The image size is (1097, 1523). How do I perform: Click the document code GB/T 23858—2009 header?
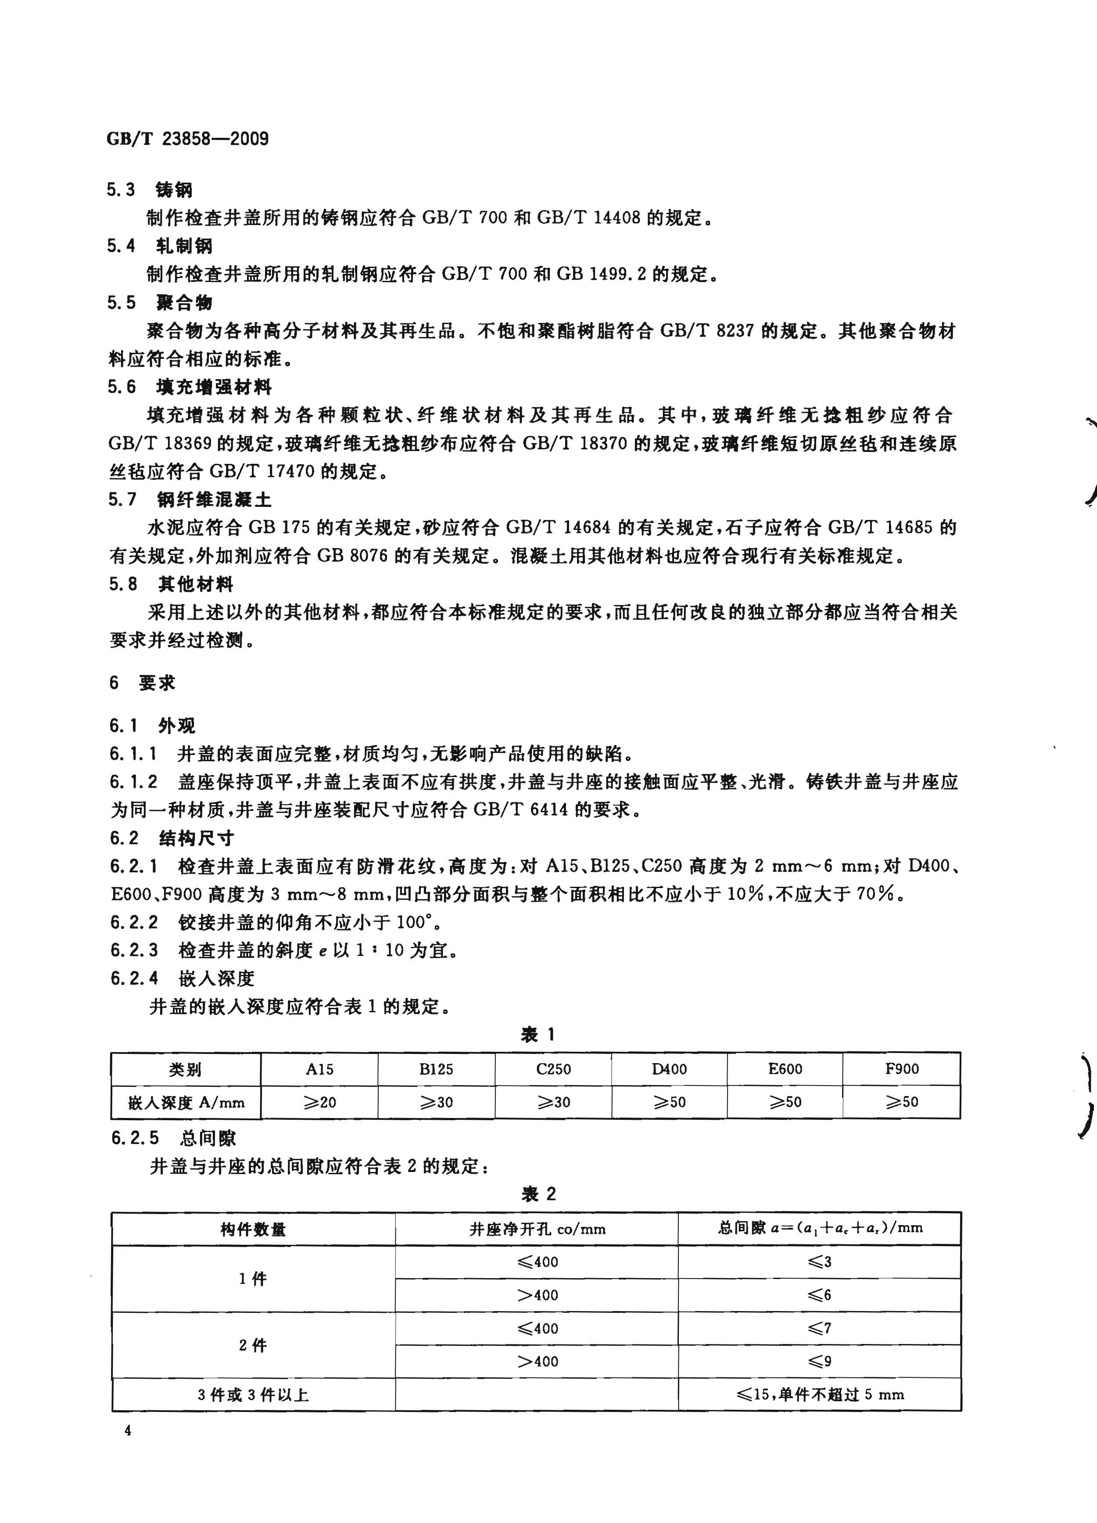tap(187, 139)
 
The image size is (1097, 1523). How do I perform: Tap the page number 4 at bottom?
tap(128, 1449)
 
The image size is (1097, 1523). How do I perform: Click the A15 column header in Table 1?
tap(319, 1069)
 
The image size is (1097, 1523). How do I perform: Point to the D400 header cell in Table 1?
tap(669, 1068)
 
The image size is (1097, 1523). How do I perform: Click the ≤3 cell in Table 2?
tap(819, 1262)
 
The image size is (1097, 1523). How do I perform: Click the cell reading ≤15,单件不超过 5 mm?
tap(819, 1395)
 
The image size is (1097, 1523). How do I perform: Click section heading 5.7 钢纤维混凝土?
tap(190, 500)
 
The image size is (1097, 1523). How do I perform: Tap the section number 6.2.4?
tap(134, 978)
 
